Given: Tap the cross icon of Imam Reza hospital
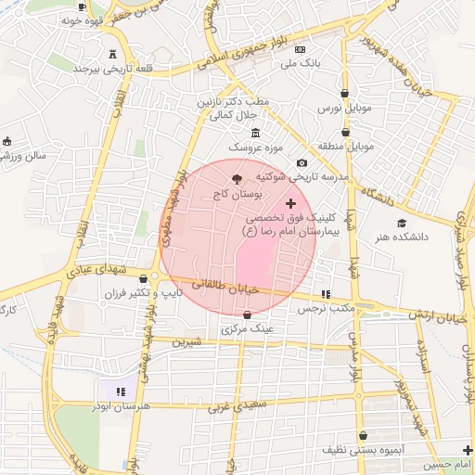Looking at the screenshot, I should [291, 203].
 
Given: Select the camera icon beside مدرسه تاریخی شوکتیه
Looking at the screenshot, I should [302, 163].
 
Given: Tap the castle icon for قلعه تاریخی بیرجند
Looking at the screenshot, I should [112, 54].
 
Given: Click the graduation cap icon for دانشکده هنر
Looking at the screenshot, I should [402, 223].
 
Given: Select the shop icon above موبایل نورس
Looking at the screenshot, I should [346, 94].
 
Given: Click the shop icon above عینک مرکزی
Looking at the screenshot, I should [246, 315].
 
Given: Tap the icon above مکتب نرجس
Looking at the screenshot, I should [325, 294].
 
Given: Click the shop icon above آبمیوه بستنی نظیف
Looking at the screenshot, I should [363, 435].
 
